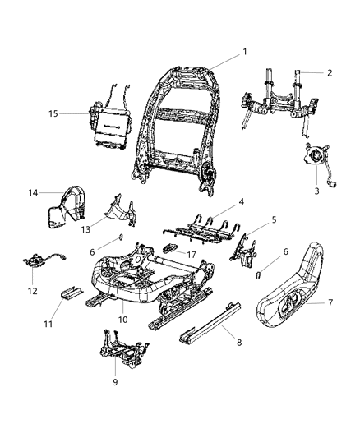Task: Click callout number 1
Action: click(244, 53)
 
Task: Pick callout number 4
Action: click(241, 201)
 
